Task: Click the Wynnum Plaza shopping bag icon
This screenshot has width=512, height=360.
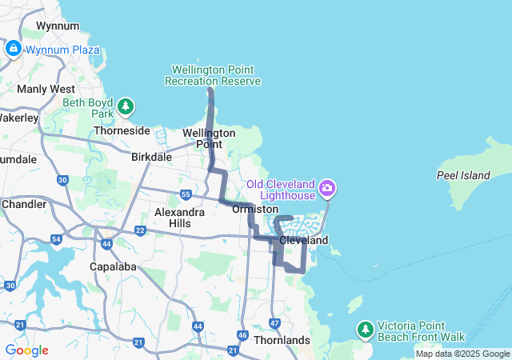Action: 13,50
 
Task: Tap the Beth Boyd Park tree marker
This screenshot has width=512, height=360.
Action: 125,106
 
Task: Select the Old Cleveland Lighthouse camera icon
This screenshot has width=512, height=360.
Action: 326,189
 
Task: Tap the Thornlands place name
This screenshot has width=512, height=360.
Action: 281,340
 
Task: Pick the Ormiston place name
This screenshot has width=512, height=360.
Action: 254,209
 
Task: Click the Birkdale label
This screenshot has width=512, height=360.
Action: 151,157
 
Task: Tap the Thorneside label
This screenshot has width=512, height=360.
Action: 122,130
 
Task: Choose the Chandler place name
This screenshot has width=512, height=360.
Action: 24,204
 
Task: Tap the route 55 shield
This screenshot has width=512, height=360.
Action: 186,194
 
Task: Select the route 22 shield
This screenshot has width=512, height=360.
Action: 140,230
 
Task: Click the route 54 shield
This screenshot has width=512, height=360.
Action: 56,239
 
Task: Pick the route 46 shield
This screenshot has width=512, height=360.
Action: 242,335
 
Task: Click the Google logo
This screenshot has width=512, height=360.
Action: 26,350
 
